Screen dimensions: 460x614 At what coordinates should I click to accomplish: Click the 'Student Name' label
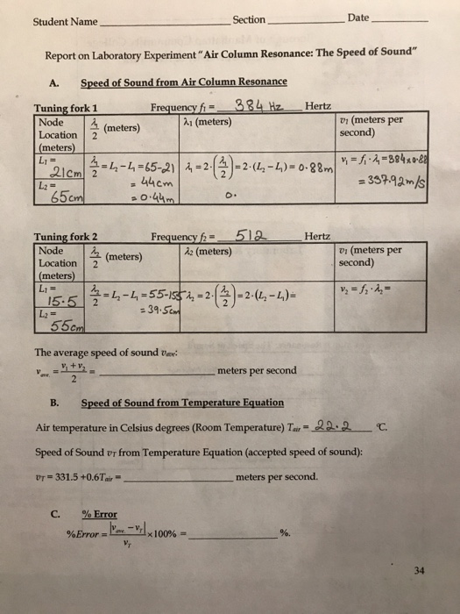66,20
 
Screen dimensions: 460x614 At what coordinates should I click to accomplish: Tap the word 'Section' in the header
250,19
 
